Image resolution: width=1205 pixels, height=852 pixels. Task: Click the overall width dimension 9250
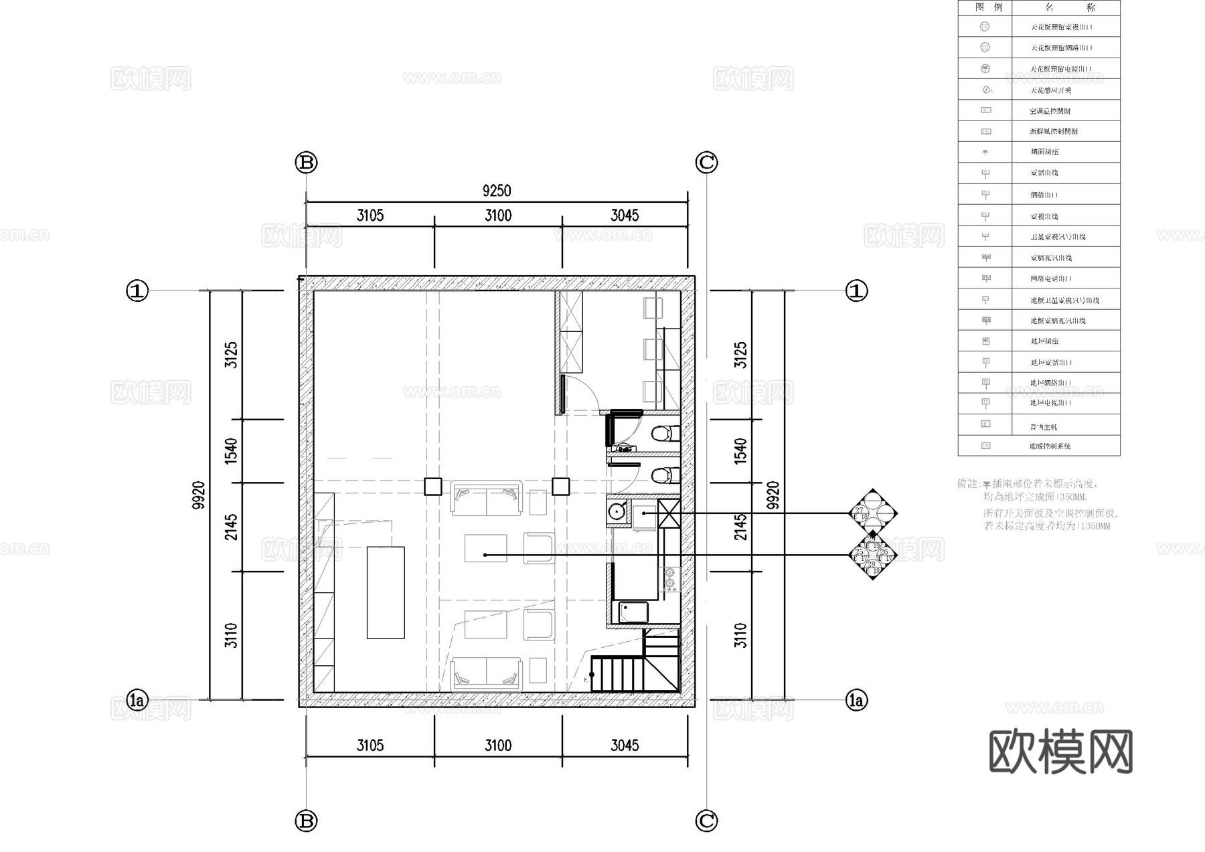point(496,191)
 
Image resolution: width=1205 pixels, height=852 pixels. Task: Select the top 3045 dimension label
point(625,216)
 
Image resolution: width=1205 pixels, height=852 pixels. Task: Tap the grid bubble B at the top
point(306,163)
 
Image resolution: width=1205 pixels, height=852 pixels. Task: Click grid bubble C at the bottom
point(706,821)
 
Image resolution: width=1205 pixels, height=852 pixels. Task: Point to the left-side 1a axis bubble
point(137,701)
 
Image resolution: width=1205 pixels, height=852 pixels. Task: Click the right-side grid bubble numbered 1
point(856,291)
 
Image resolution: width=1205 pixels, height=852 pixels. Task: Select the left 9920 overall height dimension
point(198,495)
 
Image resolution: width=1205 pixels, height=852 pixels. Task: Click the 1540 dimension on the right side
point(740,451)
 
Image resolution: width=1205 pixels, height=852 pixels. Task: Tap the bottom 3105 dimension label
point(370,746)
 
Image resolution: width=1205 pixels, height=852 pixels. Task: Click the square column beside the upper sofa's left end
point(433,487)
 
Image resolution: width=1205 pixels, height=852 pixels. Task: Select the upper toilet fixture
point(663,434)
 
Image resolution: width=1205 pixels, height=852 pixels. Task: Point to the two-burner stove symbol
point(669,580)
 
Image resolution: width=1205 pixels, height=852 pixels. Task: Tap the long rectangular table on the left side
point(386,592)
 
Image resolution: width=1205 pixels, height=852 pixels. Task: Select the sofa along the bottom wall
point(486,674)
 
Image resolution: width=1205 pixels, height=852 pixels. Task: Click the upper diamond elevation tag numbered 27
point(872,513)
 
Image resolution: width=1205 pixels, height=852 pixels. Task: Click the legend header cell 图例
point(985,8)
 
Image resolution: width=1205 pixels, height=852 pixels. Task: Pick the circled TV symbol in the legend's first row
point(985,27)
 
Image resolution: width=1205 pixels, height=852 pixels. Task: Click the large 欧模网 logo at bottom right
point(1060,752)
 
